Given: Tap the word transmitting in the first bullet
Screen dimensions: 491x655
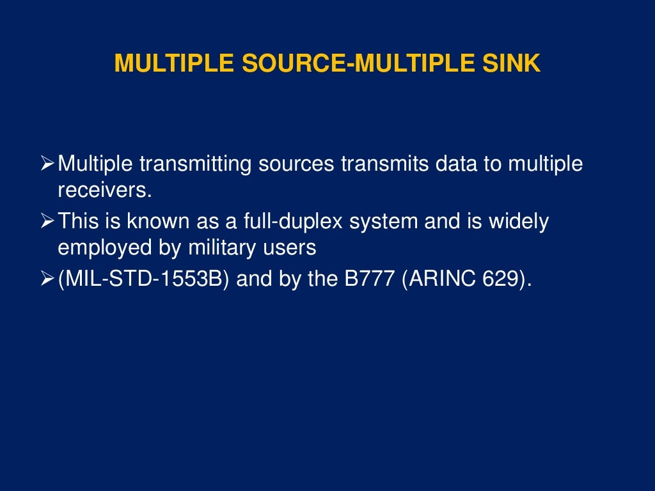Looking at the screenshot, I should coord(196,164).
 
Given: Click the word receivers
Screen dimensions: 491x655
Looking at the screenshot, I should coord(104,190).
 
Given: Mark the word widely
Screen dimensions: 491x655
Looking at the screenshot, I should coord(519,222).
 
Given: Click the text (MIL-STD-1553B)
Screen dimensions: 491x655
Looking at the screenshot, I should coord(145,280).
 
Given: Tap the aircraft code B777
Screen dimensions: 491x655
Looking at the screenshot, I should coord(372,280).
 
